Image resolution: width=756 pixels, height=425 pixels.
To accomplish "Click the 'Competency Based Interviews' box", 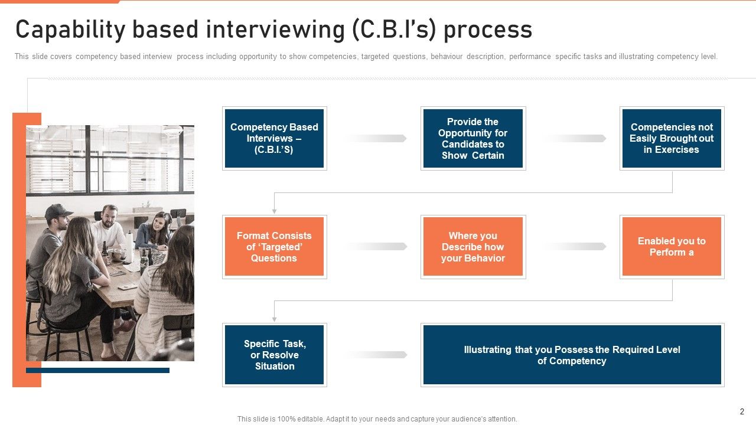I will (274, 138).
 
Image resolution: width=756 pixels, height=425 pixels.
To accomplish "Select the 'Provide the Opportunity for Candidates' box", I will (472, 138).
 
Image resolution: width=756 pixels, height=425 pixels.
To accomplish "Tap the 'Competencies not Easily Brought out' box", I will (672, 138).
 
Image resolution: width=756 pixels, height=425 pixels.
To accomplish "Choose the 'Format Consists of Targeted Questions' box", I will (274, 247).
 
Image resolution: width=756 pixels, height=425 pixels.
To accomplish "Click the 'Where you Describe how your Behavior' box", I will (472, 247).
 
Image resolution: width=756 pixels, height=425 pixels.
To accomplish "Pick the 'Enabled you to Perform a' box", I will (672, 247).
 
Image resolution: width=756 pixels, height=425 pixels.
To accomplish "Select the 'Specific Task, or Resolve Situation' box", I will (274, 355).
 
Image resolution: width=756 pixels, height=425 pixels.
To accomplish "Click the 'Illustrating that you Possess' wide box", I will (572, 355).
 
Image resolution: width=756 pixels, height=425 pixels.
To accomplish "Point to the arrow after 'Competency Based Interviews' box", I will (375, 138).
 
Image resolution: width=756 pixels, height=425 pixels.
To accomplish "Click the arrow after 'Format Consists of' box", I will (375, 247).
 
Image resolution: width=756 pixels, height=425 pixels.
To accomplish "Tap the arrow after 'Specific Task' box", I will (375, 355).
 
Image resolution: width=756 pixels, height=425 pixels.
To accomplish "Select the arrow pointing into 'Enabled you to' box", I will (574, 247).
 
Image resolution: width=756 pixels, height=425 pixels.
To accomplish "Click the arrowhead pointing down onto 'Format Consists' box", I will (274, 211).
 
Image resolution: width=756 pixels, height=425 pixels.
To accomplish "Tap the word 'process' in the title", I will (487, 30).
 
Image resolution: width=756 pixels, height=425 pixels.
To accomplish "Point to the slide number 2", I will (742, 411).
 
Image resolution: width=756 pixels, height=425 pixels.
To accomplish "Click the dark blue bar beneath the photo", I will (97, 371).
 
